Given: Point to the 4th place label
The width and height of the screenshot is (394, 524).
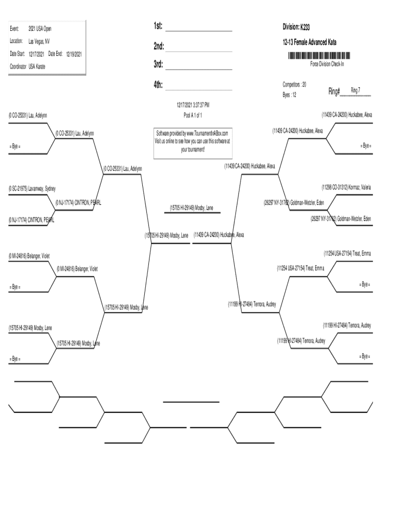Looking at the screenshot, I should tap(158, 85).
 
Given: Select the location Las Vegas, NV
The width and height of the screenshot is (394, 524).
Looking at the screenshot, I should tap(39, 41).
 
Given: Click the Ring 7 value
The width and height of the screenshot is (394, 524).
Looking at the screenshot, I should tap(355, 90).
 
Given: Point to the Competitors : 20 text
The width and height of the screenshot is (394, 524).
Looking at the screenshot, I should tap(294, 84).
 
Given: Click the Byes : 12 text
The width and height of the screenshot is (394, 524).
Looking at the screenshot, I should tap(290, 95).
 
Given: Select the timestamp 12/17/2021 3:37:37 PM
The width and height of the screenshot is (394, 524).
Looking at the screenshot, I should tap(193, 105).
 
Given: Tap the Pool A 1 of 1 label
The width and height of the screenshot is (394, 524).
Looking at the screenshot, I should tap(193, 115).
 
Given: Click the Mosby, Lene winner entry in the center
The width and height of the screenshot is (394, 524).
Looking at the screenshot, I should tap(191, 208).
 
